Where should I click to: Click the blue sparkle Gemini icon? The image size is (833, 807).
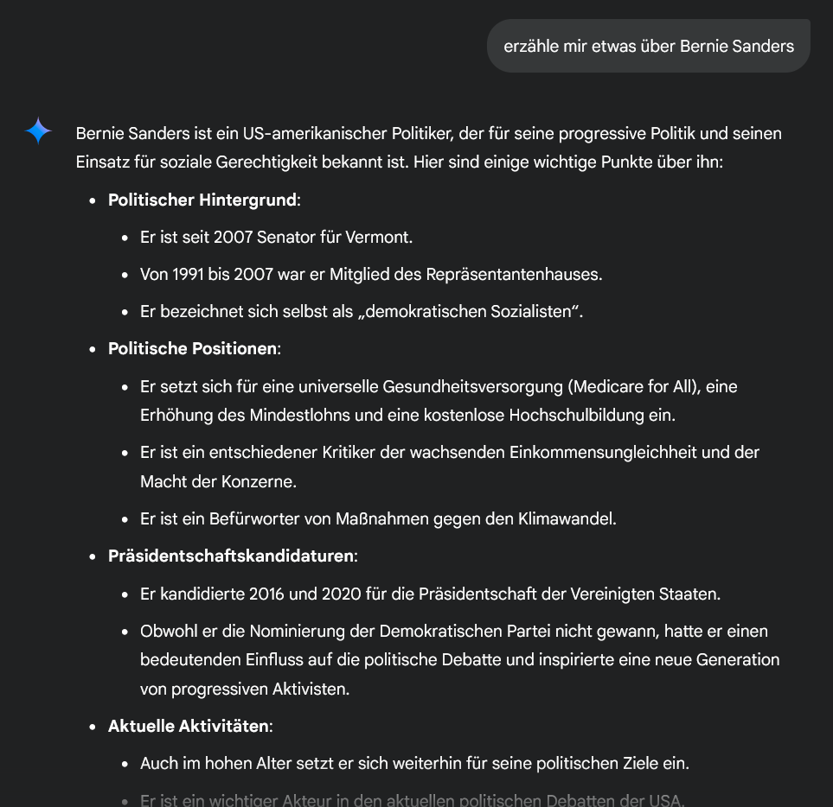[38, 131]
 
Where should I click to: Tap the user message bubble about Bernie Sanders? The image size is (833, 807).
[649, 46]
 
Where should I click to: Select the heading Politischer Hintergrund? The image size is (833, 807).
[202, 200]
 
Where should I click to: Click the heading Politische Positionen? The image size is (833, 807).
[193, 349]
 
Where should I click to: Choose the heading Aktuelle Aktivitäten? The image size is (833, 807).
[188, 727]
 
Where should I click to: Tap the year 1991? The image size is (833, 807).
[189, 275]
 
